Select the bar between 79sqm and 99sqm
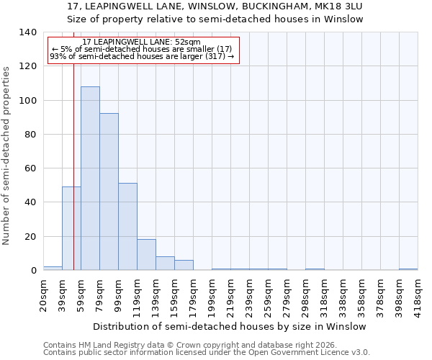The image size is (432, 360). pos(109,192)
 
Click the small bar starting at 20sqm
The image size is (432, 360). pos(53,269)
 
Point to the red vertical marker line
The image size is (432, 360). pos(73,144)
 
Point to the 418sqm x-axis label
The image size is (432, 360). pos(418,296)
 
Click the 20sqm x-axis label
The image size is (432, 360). pos(43,294)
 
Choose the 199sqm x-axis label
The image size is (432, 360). pos(212,296)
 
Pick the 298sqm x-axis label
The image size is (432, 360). pos(305,296)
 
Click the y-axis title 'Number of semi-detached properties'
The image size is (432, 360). pos(7,155)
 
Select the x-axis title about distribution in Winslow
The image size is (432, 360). pos(230,326)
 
